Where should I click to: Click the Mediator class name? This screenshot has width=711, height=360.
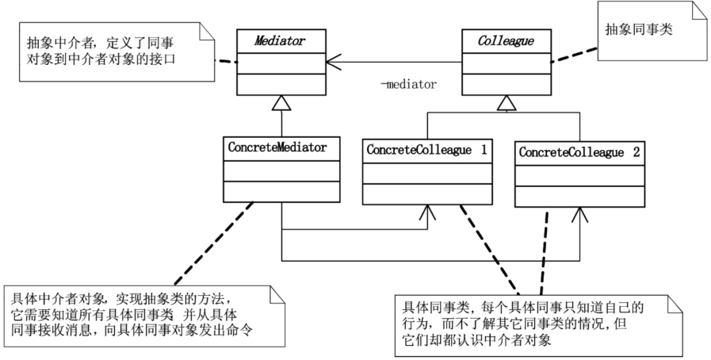point(279,40)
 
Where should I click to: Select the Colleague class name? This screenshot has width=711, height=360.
point(506,41)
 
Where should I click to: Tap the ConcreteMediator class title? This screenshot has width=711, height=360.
point(277,147)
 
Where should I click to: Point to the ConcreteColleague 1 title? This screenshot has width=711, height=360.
point(426,150)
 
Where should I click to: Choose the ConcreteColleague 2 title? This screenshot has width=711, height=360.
point(579,152)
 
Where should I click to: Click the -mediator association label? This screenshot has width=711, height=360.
point(408,84)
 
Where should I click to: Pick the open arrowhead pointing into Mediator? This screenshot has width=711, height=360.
point(333,62)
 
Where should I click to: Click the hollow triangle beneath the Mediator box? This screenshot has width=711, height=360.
point(281,103)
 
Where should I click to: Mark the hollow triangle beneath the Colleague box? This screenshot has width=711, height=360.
point(506,103)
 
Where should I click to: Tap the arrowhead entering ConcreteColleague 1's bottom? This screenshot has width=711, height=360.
point(427,213)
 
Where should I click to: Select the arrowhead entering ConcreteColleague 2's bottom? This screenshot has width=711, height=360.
point(579,215)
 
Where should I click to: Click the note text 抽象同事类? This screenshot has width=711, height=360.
point(639,29)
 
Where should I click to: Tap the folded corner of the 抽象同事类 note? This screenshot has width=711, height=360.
point(700,11)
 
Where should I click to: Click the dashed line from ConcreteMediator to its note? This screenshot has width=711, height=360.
point(214,243)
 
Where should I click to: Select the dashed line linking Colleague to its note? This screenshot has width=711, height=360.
point(574,55)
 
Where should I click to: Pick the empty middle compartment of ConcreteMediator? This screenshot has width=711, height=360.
point(281,171)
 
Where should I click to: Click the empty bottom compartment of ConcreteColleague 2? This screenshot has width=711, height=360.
point(579,197)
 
